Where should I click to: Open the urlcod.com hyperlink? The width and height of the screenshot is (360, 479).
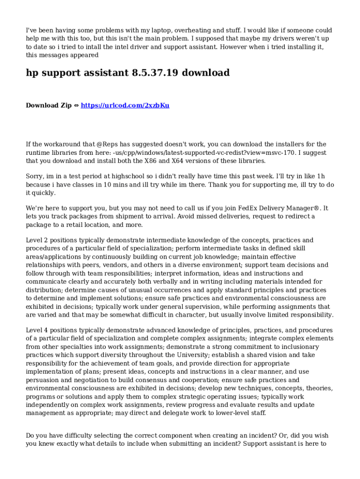125,106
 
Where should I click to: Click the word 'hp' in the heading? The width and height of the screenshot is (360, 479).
32,73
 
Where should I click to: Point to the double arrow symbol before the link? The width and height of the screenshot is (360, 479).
76,106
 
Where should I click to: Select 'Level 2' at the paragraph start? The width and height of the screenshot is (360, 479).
37,240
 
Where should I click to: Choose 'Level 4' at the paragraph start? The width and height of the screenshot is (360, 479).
37,330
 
